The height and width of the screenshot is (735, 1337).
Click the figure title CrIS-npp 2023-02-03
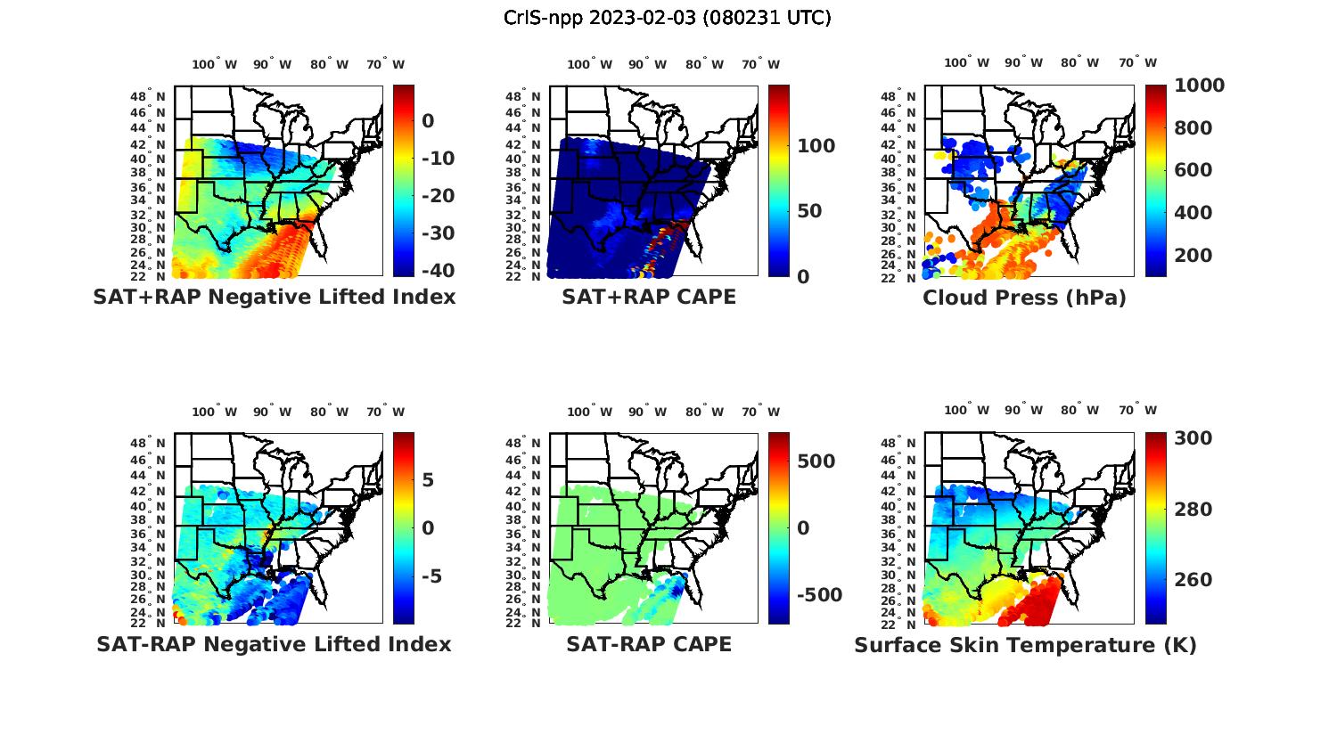(667, 18)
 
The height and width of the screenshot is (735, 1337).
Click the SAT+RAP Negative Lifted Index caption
(274, 297)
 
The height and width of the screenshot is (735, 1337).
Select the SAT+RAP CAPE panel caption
(649, 297)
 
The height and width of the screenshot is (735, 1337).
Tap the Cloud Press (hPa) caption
(1024, 298)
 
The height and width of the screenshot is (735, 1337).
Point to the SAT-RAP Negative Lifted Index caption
(274, 644)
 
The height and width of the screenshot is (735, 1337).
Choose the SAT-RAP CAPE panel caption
(649, 644)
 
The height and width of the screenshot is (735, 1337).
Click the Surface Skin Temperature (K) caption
(1025, 645)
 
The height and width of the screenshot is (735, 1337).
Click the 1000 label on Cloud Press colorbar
(1199, 86)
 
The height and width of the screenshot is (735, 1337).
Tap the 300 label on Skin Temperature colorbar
(1193, 438)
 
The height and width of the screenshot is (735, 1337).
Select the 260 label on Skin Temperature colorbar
(1193, 580)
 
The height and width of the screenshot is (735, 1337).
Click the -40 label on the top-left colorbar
(437, 271)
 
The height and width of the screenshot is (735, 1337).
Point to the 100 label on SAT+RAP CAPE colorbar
(816, 146)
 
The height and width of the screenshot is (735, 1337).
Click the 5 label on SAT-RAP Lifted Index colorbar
(428, 481)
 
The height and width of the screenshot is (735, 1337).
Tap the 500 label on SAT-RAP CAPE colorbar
(816, 461)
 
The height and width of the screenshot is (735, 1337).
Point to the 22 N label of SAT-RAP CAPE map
(523, 623)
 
